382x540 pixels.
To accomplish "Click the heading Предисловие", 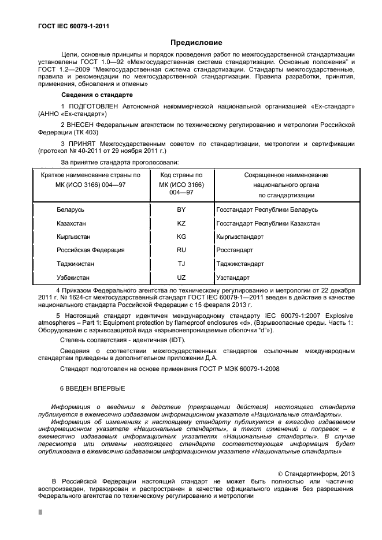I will coord(195,43).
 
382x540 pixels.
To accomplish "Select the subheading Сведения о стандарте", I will coord(97,95).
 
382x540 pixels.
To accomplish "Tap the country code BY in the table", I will coord(181,209).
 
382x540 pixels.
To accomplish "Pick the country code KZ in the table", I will coord(181,223).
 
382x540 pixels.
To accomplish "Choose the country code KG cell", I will coord(181,237).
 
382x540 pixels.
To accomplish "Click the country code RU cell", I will coord(181,250).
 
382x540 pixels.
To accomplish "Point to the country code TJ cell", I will coord(181,264).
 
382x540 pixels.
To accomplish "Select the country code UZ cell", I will coord(181,277).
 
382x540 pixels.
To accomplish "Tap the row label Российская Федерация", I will coord(90,250).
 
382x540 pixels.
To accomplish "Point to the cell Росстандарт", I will coord(234,250).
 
